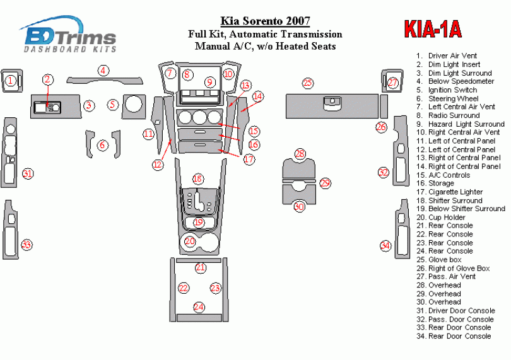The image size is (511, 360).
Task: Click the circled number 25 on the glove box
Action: pos(307,83)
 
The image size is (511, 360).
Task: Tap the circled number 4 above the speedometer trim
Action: pos(103,71)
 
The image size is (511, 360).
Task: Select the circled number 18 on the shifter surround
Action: pos(199,179)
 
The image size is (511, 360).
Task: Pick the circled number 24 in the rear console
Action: pos(199,307)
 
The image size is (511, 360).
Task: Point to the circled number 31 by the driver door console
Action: pos(26,174)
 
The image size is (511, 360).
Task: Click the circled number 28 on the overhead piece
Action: pos(300,154)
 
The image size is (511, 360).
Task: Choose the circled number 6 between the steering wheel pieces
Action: pos(102,146)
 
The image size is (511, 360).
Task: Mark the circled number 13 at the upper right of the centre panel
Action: pos(245,85)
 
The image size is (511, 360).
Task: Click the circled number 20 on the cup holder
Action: pos(190,241)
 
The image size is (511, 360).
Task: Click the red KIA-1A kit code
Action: pos(432,29)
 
